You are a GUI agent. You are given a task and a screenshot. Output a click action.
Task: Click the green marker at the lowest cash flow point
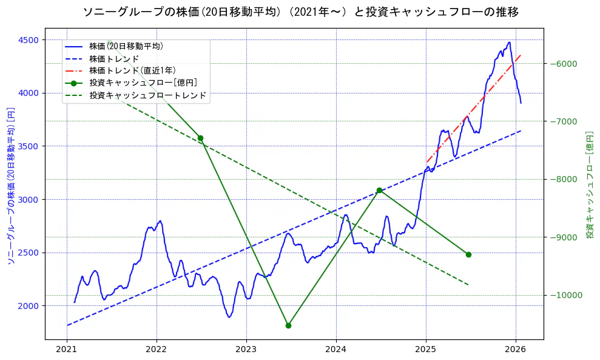coord(288,325)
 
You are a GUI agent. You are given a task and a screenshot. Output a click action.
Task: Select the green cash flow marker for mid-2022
coord(200,138)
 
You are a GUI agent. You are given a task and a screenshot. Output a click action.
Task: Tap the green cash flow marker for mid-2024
coord(379,190)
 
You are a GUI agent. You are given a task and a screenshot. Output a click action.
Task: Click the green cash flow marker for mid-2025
coord(468,254)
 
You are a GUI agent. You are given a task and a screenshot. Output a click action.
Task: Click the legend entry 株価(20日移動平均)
coord(126,46)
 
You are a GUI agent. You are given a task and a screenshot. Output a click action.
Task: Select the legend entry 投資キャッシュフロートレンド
coord(147,95)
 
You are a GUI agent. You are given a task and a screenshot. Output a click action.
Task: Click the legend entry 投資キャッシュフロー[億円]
coord(143,83)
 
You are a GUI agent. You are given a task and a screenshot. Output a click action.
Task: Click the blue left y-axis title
coord(10,186)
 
